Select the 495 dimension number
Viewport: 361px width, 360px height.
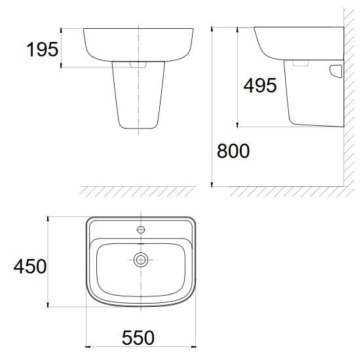[x=260, y=85]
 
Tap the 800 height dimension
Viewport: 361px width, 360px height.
[x=233, y=151]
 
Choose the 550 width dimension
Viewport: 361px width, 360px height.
[x=138, y=338]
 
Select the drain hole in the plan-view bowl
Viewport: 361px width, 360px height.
[x=140, y=260]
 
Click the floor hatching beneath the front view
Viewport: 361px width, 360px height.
[x=138, y=191]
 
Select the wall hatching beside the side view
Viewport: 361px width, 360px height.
[x=349, y=98]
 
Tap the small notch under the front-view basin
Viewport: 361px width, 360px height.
[x=138, y=66]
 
